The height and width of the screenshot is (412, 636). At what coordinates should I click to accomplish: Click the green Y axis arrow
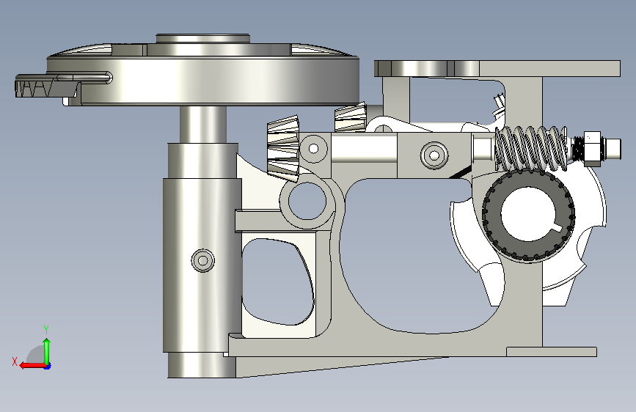pyautogui.click(x=47, y=351)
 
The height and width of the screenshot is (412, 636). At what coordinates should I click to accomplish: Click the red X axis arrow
pyautogui.click(x=33, y=366)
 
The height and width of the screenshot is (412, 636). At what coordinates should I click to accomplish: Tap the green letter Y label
pyautogui.click(x=46, y=329)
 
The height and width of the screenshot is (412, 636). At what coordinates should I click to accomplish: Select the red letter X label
pyautogui.click(x=15, y=361)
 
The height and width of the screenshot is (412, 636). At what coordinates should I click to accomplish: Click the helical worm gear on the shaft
pyautogui.click(x=531, y=148)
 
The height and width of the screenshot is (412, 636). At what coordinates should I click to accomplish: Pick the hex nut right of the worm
pyautogui.click(x=592, y=148)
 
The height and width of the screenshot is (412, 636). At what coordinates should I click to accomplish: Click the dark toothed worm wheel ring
pyautogui.click(x=528, y=215)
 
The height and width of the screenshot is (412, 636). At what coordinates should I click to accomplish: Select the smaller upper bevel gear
pyautogui.click(x=351, y=117)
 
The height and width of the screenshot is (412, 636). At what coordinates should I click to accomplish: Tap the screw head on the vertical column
pyautogui.click(x=202, y=260)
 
